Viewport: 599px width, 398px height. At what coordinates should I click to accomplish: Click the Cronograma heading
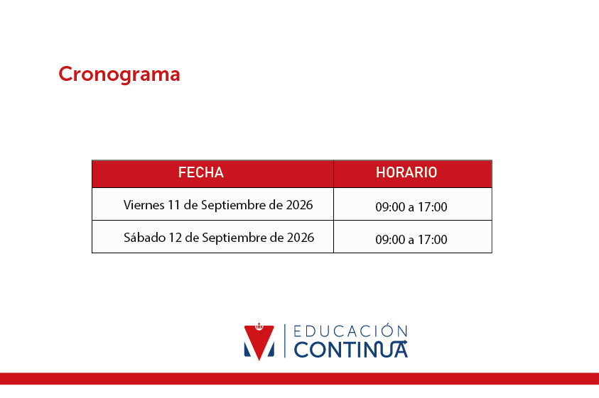coord(119,74)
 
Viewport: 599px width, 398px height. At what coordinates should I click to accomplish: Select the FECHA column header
coord(201,172)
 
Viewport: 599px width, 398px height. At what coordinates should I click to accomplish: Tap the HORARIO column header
coord(406,172)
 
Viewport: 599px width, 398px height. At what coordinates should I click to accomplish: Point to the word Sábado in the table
coord(144,238)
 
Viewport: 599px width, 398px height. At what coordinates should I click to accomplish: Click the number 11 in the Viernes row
coord(174,205)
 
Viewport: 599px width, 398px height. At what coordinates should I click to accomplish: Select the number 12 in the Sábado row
coord(175,238)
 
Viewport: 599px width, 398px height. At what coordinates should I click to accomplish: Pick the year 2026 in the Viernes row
coord(300,205)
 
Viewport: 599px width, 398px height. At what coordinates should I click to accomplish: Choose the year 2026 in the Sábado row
coord(301,238)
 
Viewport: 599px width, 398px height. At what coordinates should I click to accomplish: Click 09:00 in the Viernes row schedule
coord(390,207)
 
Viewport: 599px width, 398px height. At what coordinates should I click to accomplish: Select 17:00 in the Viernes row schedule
coord(433,207)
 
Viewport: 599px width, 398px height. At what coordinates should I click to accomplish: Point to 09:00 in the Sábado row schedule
coord(390,240)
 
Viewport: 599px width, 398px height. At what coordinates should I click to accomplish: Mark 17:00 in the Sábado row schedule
coord(433,240)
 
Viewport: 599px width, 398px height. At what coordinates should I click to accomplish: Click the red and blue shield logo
coord(259,341)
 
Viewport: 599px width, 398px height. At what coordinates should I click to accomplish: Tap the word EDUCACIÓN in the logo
coord(351,331)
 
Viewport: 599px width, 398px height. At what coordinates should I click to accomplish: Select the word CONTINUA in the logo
coord(351,350)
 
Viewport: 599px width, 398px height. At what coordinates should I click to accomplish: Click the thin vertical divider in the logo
coord(285,341)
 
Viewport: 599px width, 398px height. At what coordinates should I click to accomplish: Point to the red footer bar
coord(300,379)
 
